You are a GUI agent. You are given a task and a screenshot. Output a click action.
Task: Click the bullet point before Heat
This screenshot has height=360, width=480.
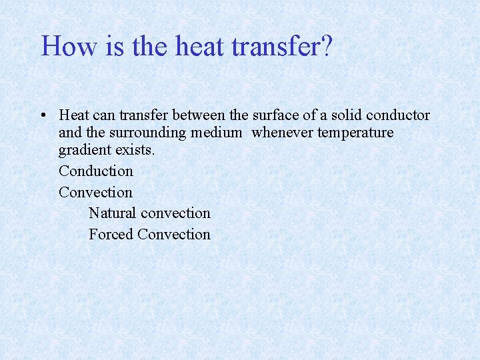tap(42, 115)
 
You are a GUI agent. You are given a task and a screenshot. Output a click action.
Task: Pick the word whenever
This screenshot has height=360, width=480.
tap(283, 133)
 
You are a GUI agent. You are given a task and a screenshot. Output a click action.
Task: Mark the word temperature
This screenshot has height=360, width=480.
tap(356, 133)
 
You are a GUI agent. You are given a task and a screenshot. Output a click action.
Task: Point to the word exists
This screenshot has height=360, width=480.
tap(135, 150)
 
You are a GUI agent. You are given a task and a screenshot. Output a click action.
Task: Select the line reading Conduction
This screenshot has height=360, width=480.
tap(96, 171)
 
